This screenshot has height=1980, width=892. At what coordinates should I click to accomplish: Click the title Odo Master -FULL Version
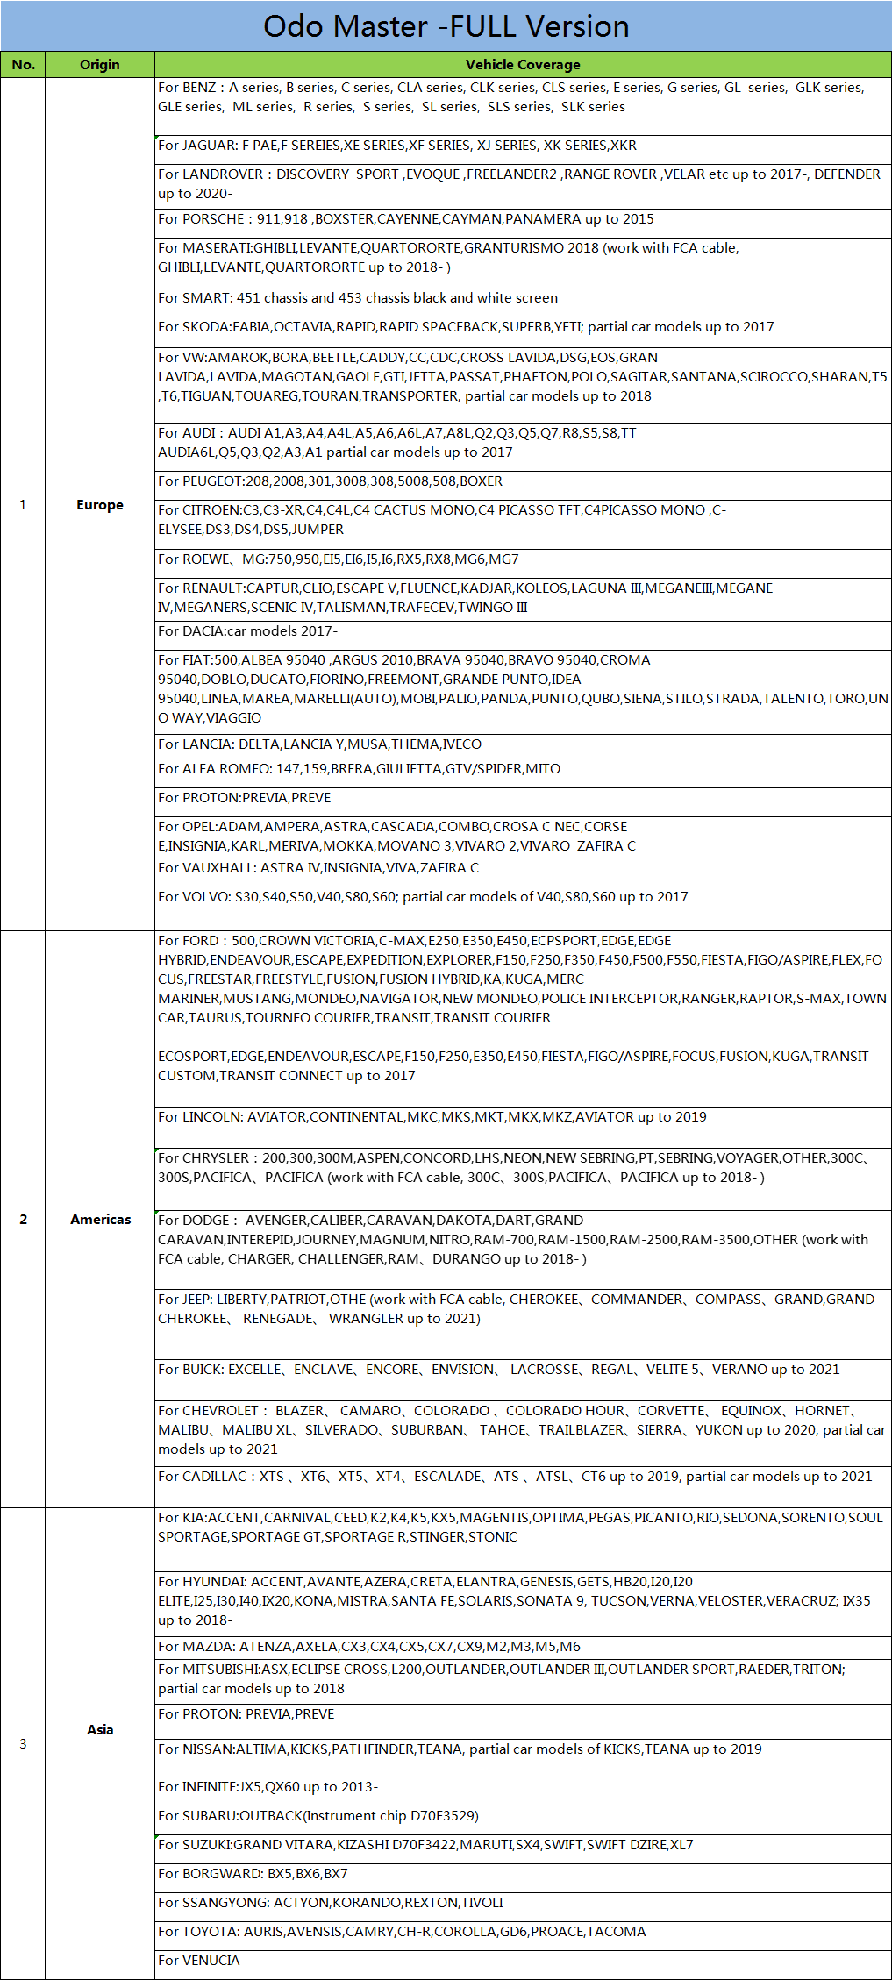(x=446, y=26)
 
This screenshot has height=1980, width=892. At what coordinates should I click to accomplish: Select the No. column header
(x=23, y=65)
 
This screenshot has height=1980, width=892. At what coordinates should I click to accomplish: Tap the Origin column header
(x=100, y=65)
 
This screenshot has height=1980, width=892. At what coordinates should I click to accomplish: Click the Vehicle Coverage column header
(x=523, y=65)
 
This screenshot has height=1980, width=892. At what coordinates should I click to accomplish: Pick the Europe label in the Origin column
(x=100, y=505)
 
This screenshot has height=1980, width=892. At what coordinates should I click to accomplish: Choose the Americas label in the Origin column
(x=101, y=1220)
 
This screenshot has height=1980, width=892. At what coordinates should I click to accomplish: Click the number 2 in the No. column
(x=23, y=1220)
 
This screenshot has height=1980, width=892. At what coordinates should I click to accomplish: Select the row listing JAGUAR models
(x=397, y=146)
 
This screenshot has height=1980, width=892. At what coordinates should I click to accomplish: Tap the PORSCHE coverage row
(x=405, y=219)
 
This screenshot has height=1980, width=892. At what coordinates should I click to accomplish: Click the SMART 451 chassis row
(x=358, y=298)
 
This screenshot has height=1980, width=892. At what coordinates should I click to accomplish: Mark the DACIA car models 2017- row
(x=247, y=631)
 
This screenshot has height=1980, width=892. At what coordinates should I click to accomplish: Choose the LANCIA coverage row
(x=319, y=744)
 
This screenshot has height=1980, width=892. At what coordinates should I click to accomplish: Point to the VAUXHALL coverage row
(x=318, y=868)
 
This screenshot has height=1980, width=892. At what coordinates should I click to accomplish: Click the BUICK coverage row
(x=498, y=1370)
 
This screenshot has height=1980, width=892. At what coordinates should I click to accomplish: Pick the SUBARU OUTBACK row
(x=318, y=1816)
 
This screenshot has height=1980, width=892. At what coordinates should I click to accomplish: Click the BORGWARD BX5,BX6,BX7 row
(x=253, y=1874)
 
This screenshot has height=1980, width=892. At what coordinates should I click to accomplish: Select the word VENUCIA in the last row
(x=211, y=1961)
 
